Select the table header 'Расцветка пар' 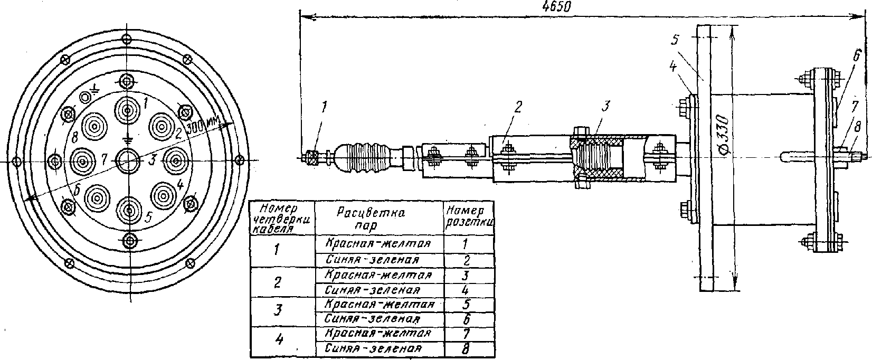pyautogui.click(x=370, y=219)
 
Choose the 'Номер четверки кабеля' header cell pyautogui.click(x=282, y=219)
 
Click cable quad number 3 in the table pyautogui.click(x=278, y=310)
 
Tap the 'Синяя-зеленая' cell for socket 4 pyautogui.click(x=373, y=290)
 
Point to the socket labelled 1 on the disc pyautogui.click(x=127, y=111)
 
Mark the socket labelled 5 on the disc pyautogui.click(x=129, y=210)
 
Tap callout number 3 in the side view pyautogui.click(x=605, y=106)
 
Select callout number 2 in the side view pyautogui.click(x=518, y=107)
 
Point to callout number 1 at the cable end pyautogui.click(x=325, y=107)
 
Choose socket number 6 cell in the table pyautogui.click(x=467, y=319)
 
